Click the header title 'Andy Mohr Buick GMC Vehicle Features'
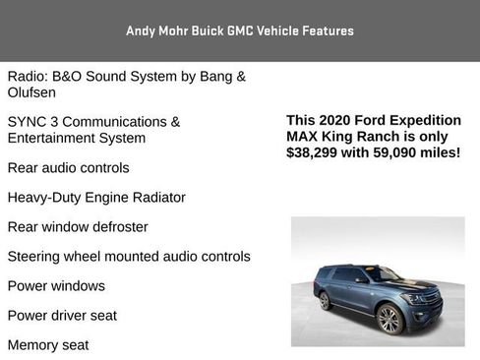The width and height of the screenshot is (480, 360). click(x=239, y=30)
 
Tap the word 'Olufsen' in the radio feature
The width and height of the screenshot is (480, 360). click(x=31, y=92)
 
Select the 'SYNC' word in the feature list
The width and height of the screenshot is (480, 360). click(x=28, y=122)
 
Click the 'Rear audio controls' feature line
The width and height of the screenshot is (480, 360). click(x=68, y=168)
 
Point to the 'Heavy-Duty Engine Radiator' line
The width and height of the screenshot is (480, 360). click(x=96, y=198)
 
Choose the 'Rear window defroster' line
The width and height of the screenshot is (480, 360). click(x=78, y=227)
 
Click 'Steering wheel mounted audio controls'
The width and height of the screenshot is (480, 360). click(x=129, y=257)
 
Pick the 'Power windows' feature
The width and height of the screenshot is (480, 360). click(x=56, y=286)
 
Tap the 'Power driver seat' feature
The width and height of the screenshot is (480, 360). click(x=62, y=316)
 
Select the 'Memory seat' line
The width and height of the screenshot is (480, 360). click(x=48, y=345)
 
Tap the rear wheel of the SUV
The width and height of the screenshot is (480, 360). click(x=325, y=300)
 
